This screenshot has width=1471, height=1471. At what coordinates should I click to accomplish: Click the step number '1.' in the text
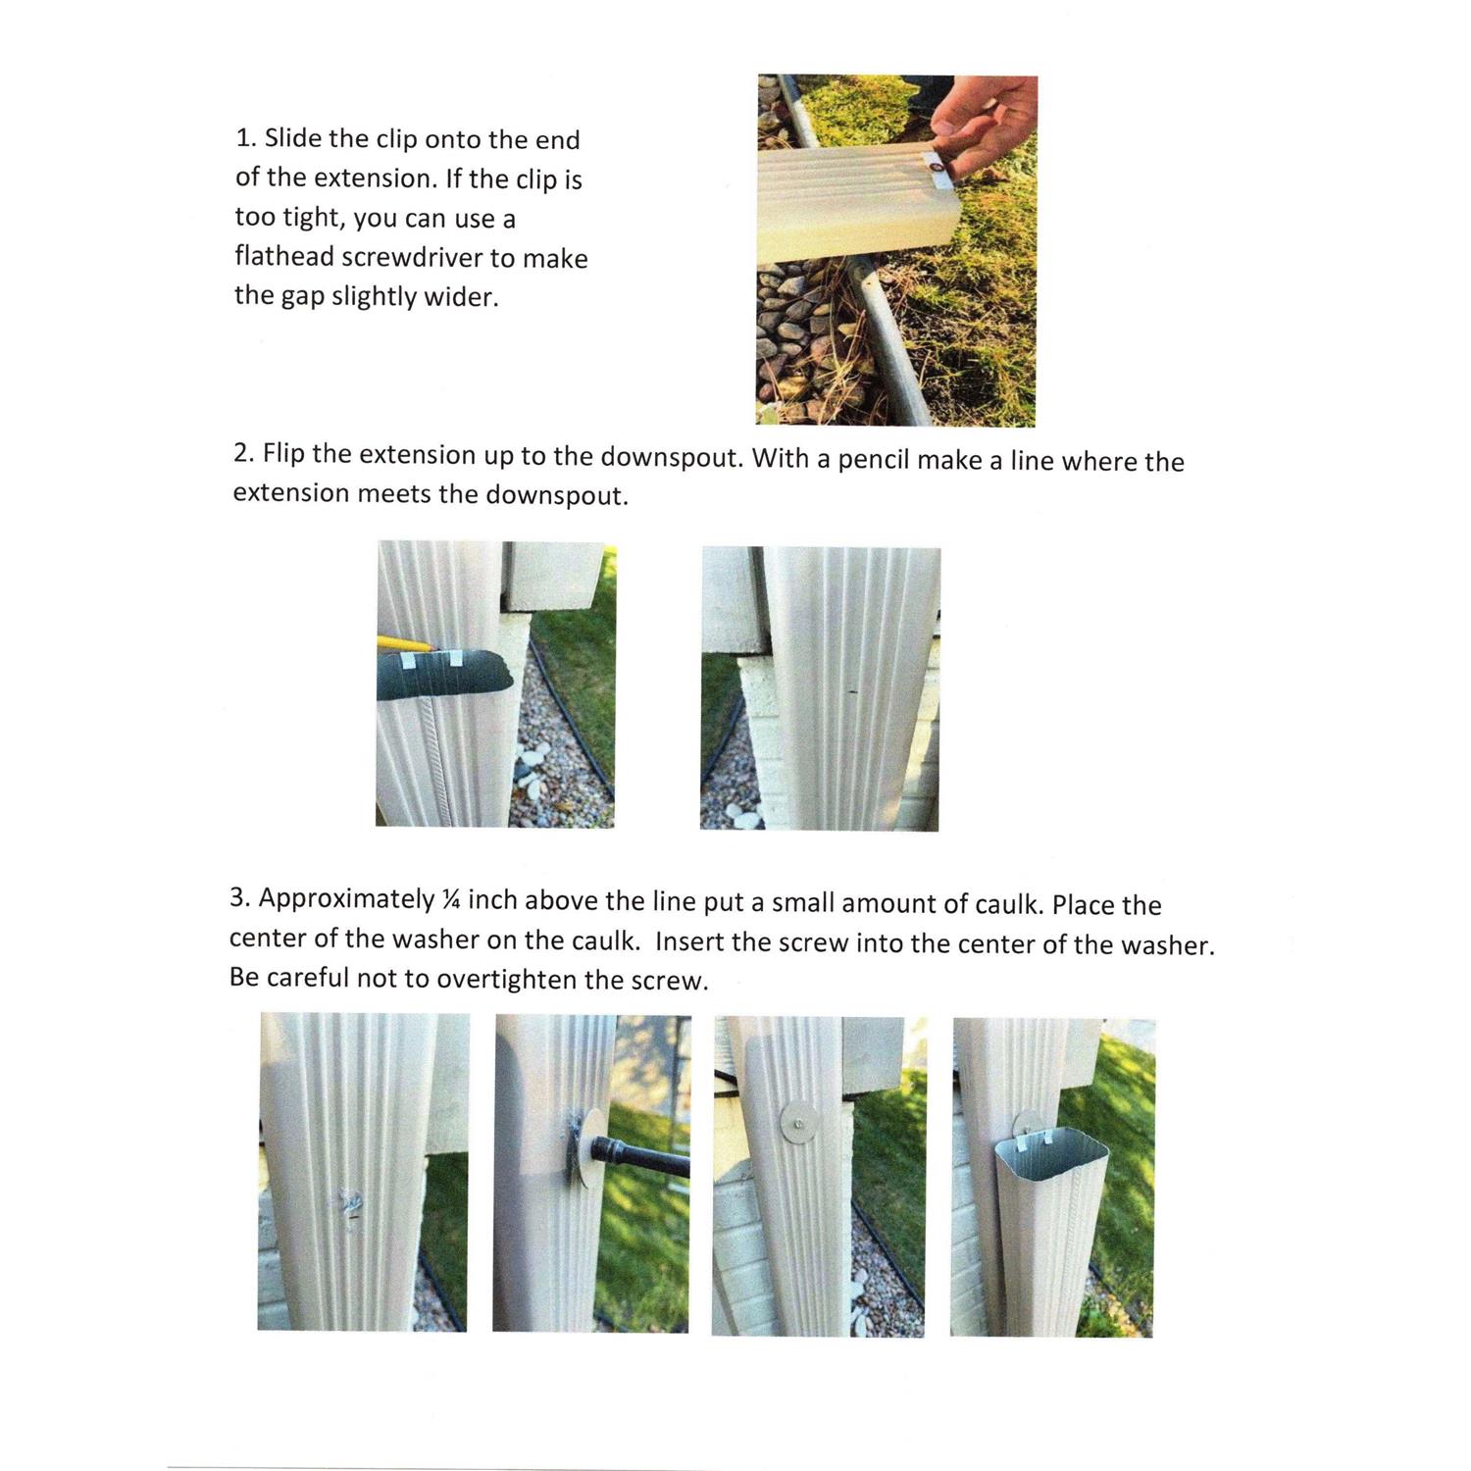(245, 138)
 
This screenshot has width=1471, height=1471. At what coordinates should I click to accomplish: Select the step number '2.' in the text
(244, 453)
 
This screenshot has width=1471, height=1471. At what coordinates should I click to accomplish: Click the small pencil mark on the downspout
(852, 692)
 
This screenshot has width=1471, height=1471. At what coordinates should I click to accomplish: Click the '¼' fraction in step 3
(451, 899)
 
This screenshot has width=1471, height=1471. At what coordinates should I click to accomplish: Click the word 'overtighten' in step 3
(506, 980)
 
